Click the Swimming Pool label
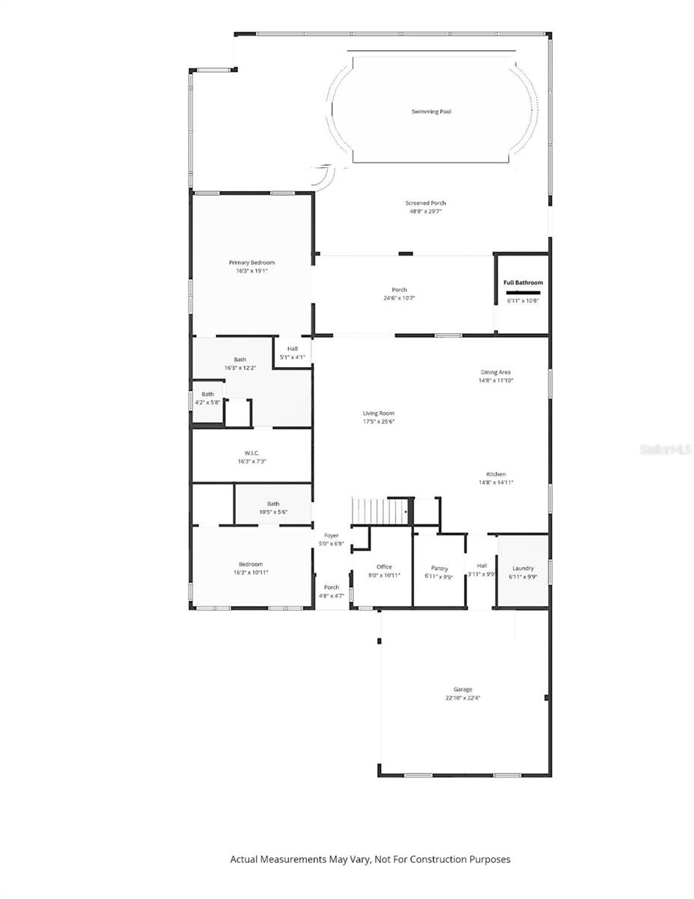point(431,112)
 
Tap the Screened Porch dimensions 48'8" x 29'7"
point(425,212)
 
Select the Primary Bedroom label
point(252,262)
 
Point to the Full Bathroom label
point(523,282)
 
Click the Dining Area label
point(496,372)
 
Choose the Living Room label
point(378,413)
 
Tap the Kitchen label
point(496,474)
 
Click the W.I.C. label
point(251,452)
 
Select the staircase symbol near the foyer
point(380,512)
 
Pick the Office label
point(384,566)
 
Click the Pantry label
point(439,568)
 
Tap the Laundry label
point(523,568)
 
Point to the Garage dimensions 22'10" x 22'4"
point(463,698)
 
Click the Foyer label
point(331,535)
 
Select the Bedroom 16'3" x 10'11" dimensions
point(251,572)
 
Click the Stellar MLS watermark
point(666,449)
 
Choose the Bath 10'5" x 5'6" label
point(273,503)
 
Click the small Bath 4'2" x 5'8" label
point(207,394)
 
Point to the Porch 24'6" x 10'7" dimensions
point(399,298)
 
